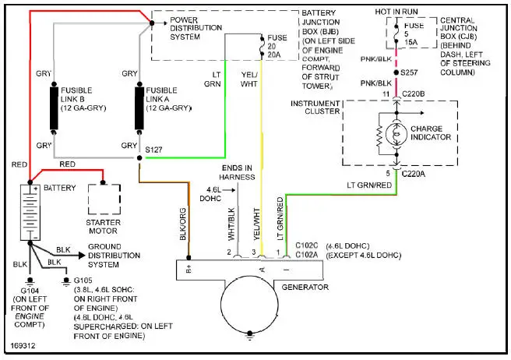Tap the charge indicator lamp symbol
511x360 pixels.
point(396,135)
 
